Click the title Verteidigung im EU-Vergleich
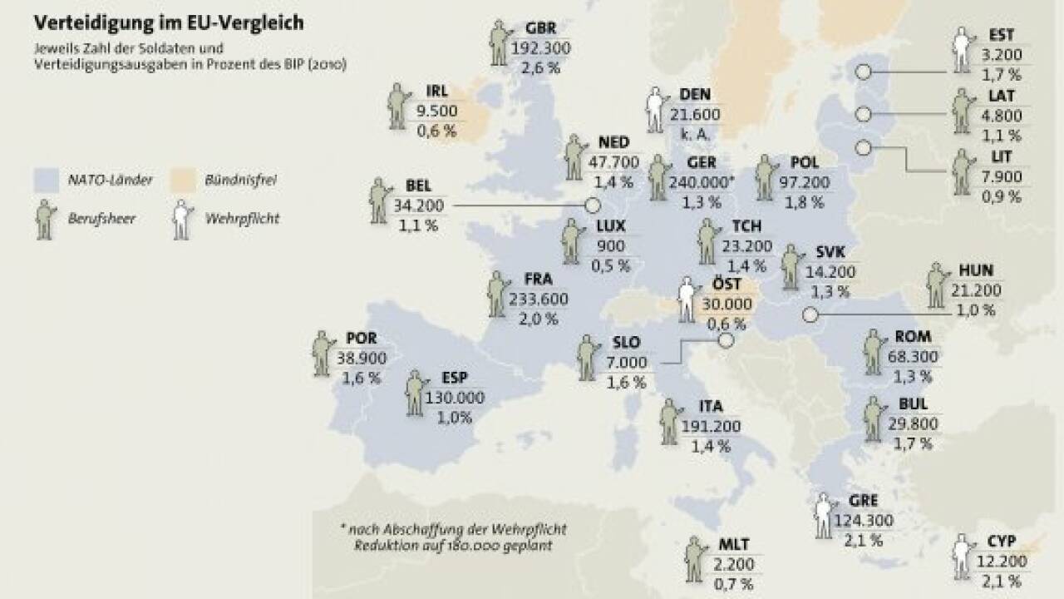tap(168, 22)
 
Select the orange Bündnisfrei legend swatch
tap(183, 180)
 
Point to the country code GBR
tap(540, 28)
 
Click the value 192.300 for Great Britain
tap(541, 48)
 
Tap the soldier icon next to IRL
tap(398, 106)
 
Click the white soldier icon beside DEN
tap(656, 111)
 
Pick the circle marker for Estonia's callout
tap(863, 72)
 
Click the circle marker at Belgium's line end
tap(593, 205)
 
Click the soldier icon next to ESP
tap(415, 394)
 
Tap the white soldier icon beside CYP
tap(964, 556)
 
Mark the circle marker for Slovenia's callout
tap(726, 339)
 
